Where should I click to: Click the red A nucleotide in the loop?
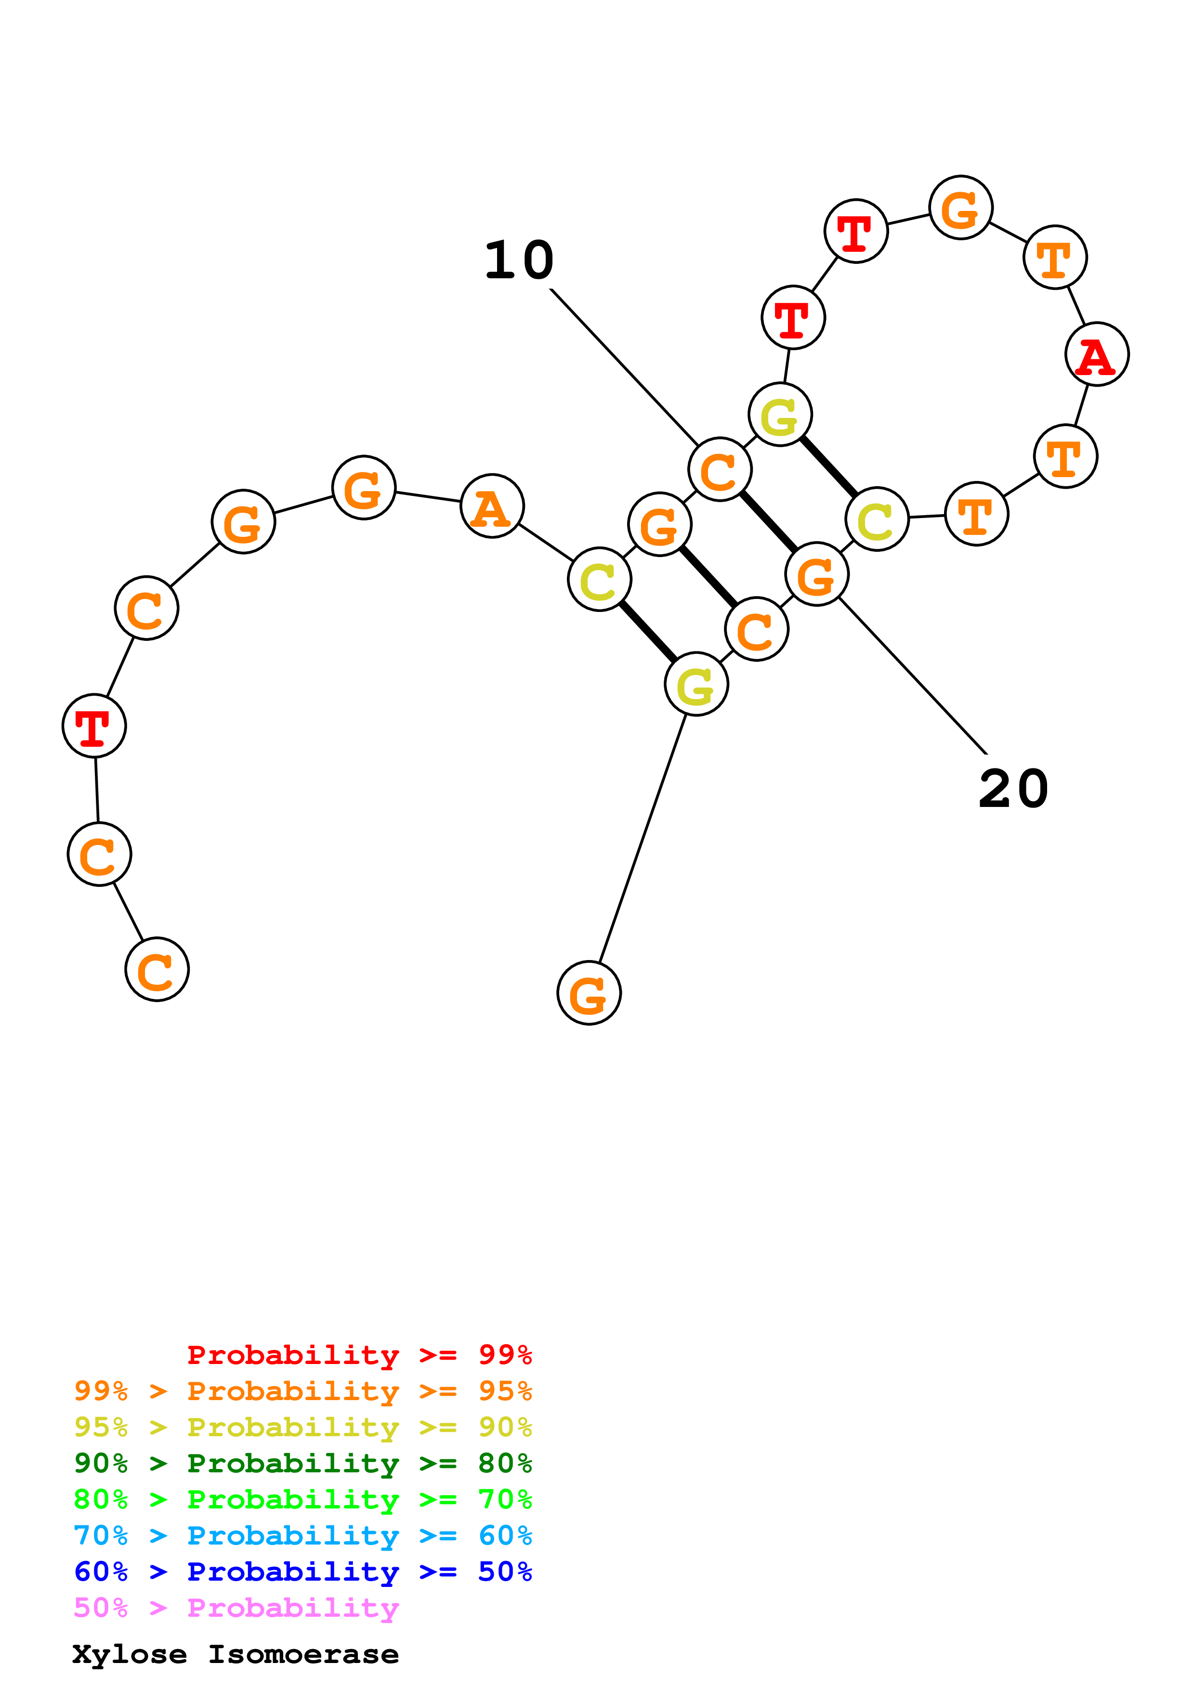tap(1096, 354)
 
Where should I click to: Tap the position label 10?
tap(519, 260)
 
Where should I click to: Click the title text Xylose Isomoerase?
tap(236, 1654)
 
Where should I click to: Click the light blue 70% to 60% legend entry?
tap(302, 1535)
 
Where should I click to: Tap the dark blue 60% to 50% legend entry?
tap(302, 1572)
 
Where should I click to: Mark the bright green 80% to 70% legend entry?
tap(302, 1499)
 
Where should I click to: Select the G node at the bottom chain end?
tap(589, 993)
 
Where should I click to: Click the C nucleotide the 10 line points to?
tap(720, 469)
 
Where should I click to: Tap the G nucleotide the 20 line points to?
tap(816, 574)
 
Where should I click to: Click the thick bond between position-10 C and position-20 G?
tap(768, 521)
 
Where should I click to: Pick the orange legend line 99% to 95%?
tap(302, 1390)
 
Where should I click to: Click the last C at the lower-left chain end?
tap(157, 970)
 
